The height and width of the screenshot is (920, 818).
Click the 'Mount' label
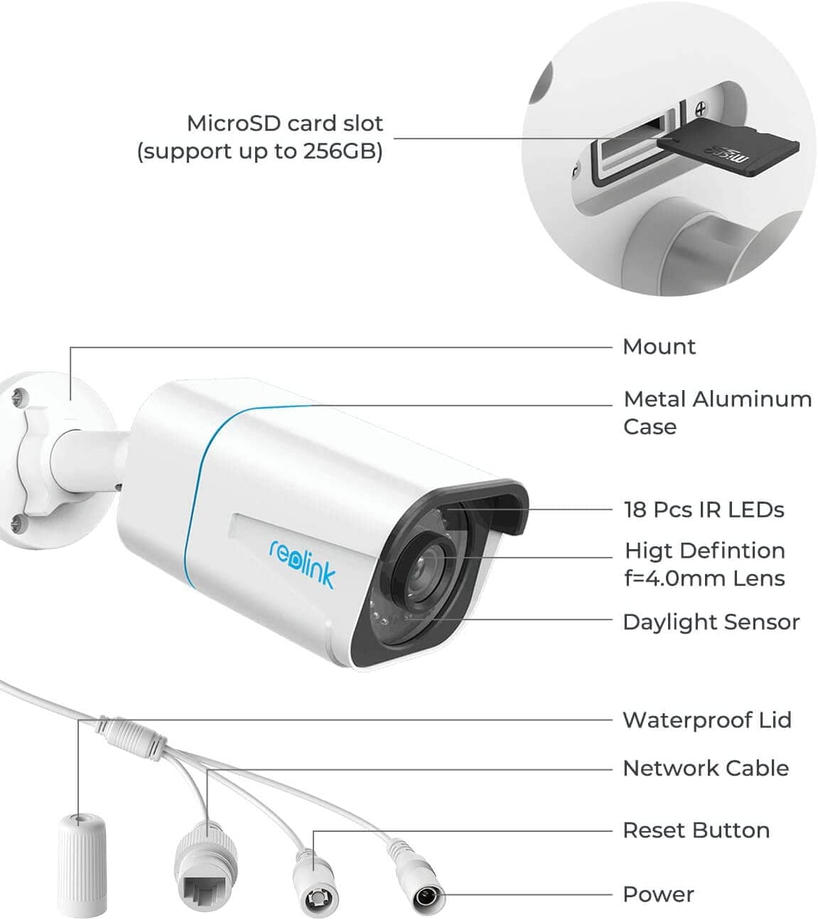click(x=659, y=347)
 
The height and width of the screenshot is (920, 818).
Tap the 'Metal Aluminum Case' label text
click(x=716, y=413)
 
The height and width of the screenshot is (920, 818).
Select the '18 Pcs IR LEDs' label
click(x=704, y=509)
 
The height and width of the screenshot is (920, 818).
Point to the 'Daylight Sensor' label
click(x=711, y=622)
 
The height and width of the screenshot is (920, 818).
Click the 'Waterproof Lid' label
click(x=706, y=720)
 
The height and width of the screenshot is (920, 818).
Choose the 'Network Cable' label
click(x=705, y=768)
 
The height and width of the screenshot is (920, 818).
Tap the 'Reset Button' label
click(x=696, y=830)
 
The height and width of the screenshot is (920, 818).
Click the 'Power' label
click(x=658, y=894)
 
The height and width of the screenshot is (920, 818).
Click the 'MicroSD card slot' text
click(x=284, y=124)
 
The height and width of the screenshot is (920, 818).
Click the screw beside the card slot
click(x=700, y=109)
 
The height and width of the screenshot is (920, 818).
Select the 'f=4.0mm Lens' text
click(x=704, y=578)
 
